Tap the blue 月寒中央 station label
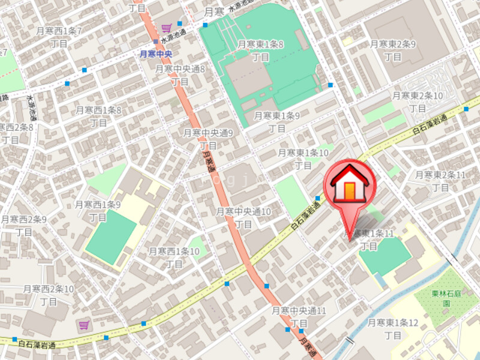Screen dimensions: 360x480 click(x=156, y=54)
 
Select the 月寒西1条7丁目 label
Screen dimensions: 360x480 click(x=59, y=37)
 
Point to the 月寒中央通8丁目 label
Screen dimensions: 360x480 click(x=180, y=75)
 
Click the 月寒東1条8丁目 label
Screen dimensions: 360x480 click(x=260, y=50)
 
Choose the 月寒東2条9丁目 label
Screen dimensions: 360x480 click(x=393, y=50)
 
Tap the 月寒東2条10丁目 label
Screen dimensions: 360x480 click(x=418, y=101)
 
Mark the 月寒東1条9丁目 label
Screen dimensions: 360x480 click(x=277, y=122)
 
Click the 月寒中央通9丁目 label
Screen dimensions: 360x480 click(x=208, y=139)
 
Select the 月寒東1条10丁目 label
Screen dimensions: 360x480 click(x=303, y=159)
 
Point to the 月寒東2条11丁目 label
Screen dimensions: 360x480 click(x=441, y=181)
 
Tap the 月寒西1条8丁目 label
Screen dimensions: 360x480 click(x=98, y=116)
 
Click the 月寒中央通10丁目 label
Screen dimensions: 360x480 click(x=243, y=217)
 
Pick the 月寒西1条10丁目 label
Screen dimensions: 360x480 click(x=174, y=257)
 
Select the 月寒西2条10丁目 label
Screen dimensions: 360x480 click(x=49, y=295)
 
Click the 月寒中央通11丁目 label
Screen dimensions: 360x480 click(x=299, y=317)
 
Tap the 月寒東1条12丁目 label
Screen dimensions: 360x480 click(x=393, y=329)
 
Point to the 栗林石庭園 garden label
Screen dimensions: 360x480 click(x=446, y=299)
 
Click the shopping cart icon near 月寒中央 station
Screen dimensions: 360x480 click(x=166, y=28)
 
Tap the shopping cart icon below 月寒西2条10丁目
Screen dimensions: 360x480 click(x=83, y=325)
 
